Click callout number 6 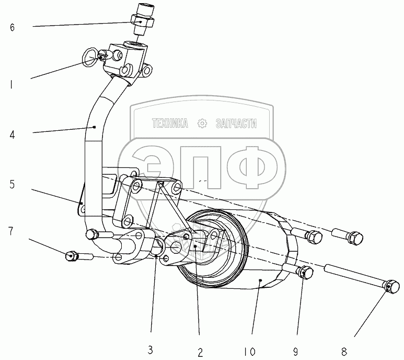(x=12, y=27)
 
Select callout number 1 (x=12, y=83)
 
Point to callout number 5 (x=12, y=184)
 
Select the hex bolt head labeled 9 (x=306, y=272)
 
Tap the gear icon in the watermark (x=202, y=124)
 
